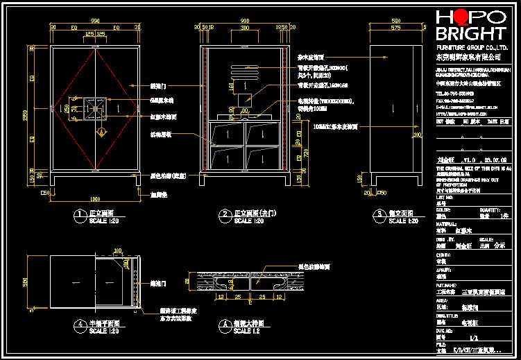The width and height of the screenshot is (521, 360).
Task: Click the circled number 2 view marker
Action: (224, 214)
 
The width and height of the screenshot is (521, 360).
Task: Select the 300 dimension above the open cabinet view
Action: (244, 28)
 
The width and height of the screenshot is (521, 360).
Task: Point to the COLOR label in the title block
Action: (442, 211)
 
